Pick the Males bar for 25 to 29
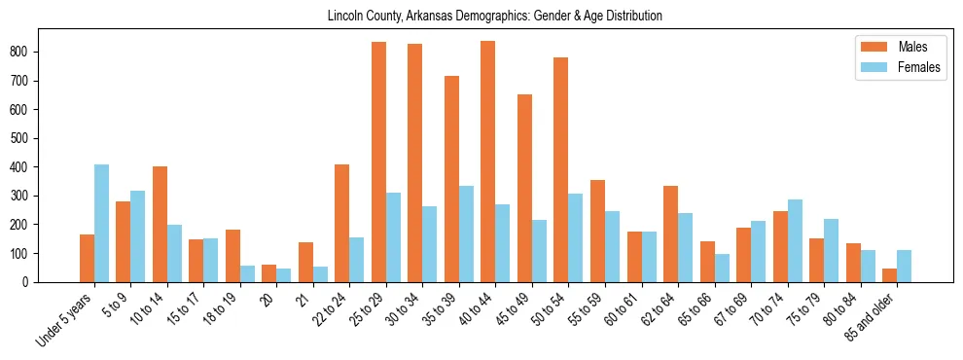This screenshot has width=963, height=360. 378,162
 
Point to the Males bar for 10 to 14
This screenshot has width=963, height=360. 160,224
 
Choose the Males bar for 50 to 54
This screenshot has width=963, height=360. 561,169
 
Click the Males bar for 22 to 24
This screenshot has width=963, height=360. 342,223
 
